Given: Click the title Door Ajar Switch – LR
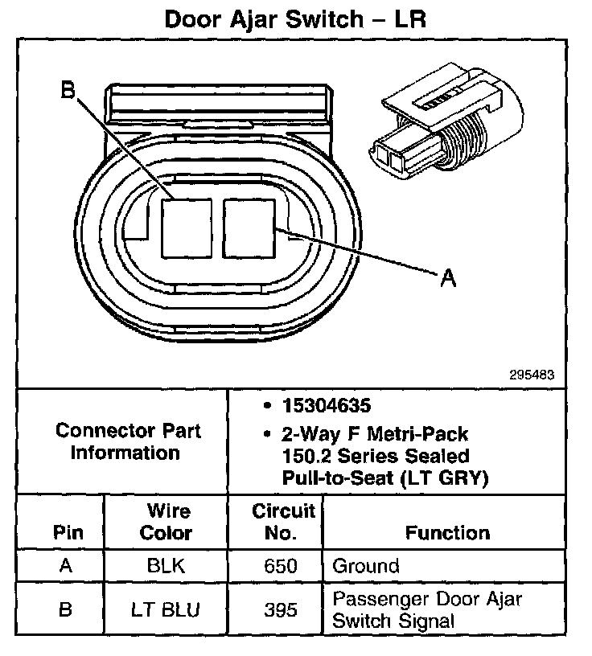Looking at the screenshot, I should pos(294,18).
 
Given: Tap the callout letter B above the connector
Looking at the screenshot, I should pos(69,91).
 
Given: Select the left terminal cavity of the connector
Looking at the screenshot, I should pos(185,227).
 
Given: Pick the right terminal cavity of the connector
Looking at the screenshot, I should pos(249,227).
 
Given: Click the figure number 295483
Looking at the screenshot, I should pos(532,375).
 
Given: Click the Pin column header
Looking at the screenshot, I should pos(67,532).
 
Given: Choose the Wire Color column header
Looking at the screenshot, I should pos(166,522).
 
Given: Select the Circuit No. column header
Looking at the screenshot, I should pos(284,522).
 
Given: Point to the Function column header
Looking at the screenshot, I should pos(447,532).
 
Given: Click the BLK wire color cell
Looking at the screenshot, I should pos(166,565).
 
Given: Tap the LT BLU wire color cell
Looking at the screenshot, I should pos(166,609).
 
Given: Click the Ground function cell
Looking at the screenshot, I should pos(365,565).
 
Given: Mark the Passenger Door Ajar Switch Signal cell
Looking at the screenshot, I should pos(426,609).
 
